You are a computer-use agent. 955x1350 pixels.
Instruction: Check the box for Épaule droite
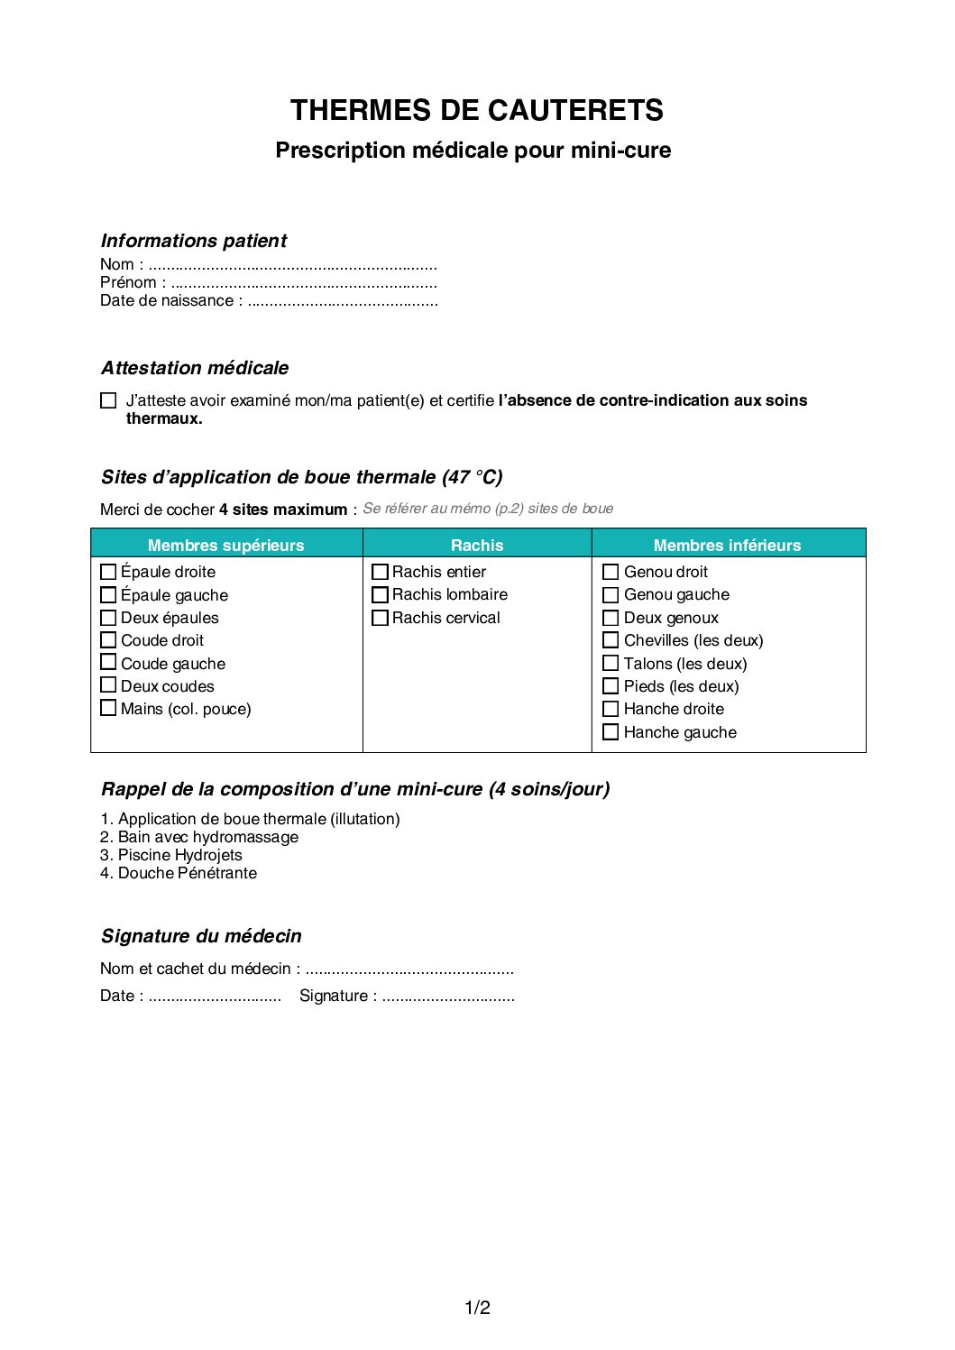[x=108, y=572]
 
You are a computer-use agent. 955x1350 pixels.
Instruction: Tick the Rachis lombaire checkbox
[x=380, y=595]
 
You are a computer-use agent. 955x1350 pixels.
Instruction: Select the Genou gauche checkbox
[x=611, y=595]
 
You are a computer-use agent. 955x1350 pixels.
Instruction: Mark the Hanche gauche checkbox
[x=611, y=732]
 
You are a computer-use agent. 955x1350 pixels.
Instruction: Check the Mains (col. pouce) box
[x=108, y=709]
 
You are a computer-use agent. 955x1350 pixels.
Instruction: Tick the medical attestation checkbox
[x=108, y=400]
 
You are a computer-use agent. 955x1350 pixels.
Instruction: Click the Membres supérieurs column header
[x=225, y=545]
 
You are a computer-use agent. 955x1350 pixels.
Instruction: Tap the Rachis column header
[x=477, y=545]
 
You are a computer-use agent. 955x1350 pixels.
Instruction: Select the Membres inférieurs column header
[x=727, y=545]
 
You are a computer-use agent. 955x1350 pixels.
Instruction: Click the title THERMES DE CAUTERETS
[x=476, y=110]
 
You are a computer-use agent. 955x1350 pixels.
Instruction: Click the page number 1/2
[x=477, y=1308]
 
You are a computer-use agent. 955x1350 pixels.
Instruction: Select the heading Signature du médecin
[x=201, y=936]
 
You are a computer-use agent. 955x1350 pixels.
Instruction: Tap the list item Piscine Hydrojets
[x=179, y=855]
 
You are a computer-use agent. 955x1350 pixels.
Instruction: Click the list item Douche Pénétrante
[x=187, y=873]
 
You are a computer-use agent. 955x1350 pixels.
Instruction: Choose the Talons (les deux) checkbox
[x=611, y=664]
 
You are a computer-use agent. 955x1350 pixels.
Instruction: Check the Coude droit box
[x=108, y=640]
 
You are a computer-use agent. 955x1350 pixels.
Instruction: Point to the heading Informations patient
[x=193, y=241]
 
